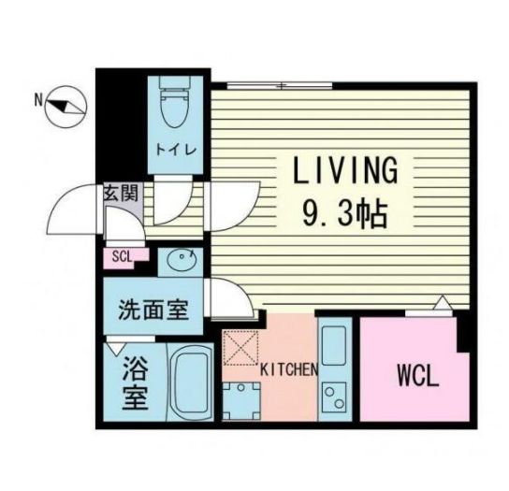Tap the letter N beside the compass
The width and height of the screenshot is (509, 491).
pyautogui.click(x=38, y=97)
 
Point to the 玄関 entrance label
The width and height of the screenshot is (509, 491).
pyautogui.click(x=120, y=194)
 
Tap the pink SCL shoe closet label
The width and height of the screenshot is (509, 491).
pyautogui.click(x=121, y=255)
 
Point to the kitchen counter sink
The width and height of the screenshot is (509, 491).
pyautogui.click(x=333, y=341)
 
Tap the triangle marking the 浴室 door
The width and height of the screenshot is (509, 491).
pyautogui.click(x=116, y=349)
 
